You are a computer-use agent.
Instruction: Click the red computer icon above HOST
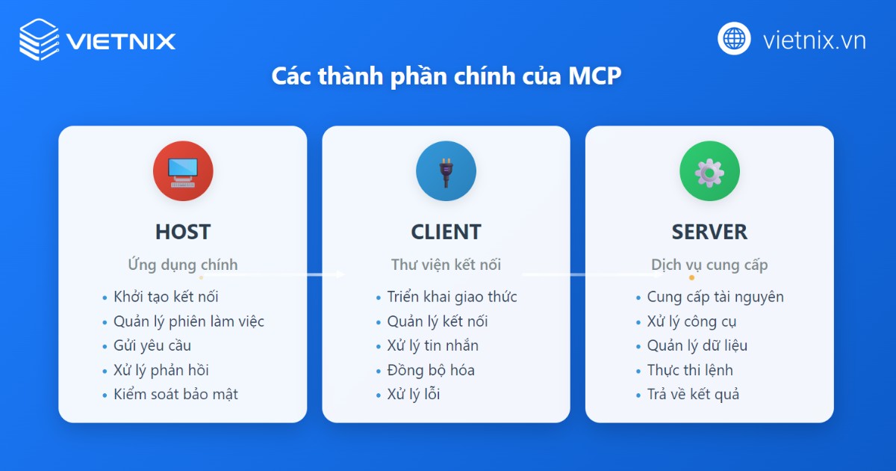click(183, 171)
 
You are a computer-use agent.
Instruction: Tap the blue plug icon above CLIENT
click(446, 171)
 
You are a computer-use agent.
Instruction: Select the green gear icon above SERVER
click(709, 171)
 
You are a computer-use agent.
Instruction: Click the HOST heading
click(183, 232)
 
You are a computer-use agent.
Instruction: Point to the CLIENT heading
click(446, 232)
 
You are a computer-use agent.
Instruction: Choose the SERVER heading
click(709, 232)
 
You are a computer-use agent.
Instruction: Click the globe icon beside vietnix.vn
click(734, 39)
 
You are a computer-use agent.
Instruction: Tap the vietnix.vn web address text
click(814, 40)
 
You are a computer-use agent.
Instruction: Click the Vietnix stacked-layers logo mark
click(40, 39)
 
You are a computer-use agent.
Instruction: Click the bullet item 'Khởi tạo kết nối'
click(166, 297)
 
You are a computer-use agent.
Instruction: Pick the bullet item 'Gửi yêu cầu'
click(152, 345)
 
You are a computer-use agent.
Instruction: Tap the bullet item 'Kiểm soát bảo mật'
click(175, 394)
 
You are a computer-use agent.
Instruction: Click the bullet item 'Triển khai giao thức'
click(452, 297)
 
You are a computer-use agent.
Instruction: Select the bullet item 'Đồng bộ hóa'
click(431, 370)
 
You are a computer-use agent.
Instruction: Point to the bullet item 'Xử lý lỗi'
click(414, 394)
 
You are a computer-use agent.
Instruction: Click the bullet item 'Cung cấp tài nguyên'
click(715, 297)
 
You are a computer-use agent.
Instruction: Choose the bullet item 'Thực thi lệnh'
click(690, 370)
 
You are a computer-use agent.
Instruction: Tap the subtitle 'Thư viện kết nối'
click(446, 265)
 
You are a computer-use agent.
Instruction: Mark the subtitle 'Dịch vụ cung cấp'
click(709, 265)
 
